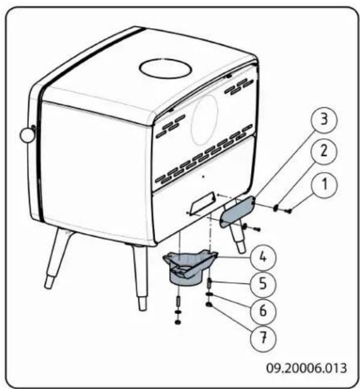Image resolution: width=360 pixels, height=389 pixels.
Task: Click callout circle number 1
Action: pos(323,185)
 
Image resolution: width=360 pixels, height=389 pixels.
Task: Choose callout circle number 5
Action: pos(264,282)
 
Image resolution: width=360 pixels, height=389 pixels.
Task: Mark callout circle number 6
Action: pos(264,310)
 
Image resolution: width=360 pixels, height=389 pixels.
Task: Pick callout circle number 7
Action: pos(264,338)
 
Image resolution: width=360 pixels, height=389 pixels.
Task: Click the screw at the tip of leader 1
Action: pos(288,210)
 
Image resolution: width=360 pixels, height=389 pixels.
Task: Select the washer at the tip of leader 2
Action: pos(276,208)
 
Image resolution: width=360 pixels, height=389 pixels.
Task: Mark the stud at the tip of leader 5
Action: pos(209,282)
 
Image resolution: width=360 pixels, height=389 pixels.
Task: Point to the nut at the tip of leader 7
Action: pos(209,305)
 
